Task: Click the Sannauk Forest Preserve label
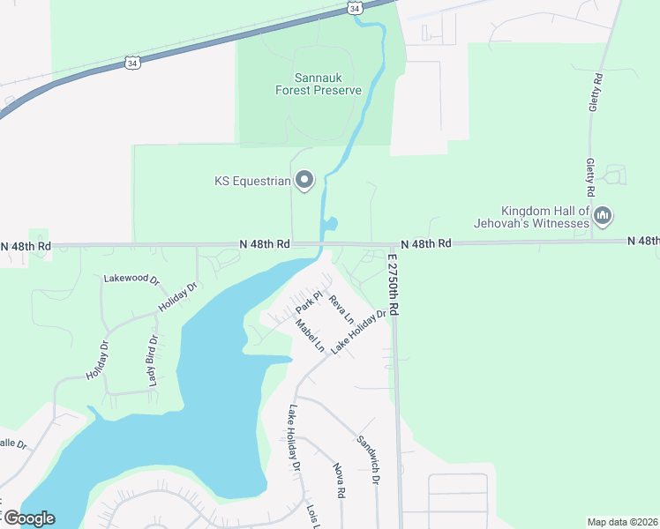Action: tap(305, 84)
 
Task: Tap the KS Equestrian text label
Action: tap(252, 182)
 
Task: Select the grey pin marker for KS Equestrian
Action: tap(304, 181)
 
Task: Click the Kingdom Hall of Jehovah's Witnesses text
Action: tap(544, 217)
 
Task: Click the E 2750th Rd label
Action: tap(394, 285)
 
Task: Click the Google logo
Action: tap(28, 518)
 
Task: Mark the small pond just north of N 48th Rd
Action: tap(331, 224)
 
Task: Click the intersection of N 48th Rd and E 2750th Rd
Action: tap(393, 244)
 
